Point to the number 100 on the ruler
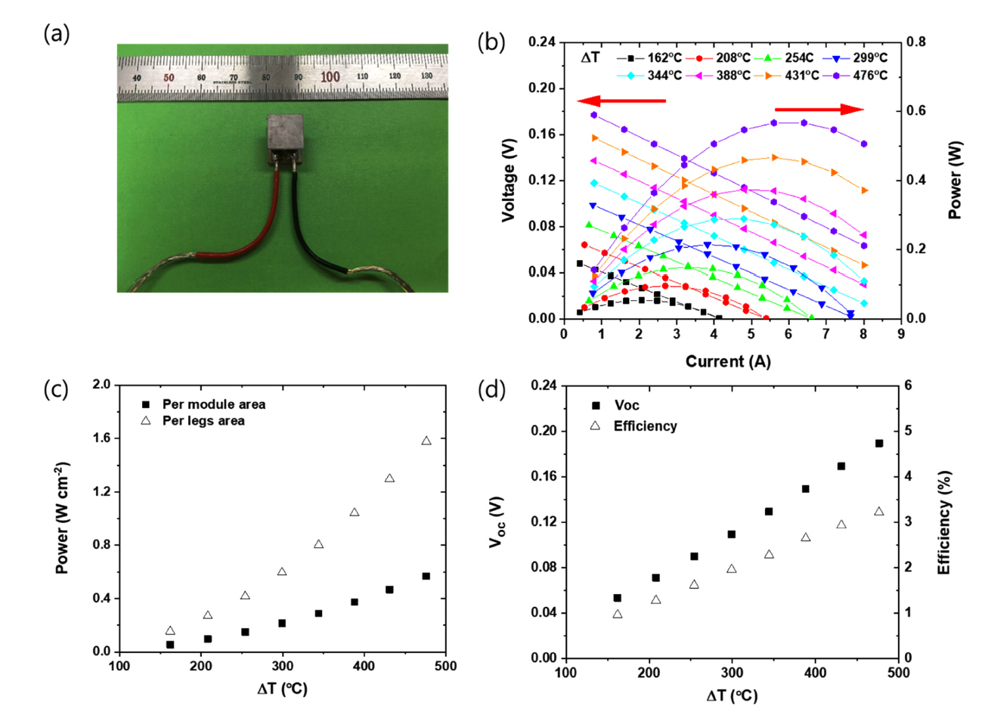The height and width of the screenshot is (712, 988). tap(330, 77)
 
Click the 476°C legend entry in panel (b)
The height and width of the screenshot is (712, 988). tap(862, 76)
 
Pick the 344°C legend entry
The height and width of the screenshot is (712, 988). tap(655, 76)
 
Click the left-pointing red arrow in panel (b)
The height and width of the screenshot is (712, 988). tap(621, 101)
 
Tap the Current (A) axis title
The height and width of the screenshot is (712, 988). tap(728, 362)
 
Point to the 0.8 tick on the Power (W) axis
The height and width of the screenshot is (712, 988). tap(916, 42)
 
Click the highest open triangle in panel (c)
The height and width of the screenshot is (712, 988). tap(426, 441)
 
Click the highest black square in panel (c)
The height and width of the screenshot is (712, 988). tap(426, 576)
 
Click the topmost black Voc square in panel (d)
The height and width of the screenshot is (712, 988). tap(879, 444)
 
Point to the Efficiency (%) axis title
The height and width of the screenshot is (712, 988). tap(944, 522)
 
